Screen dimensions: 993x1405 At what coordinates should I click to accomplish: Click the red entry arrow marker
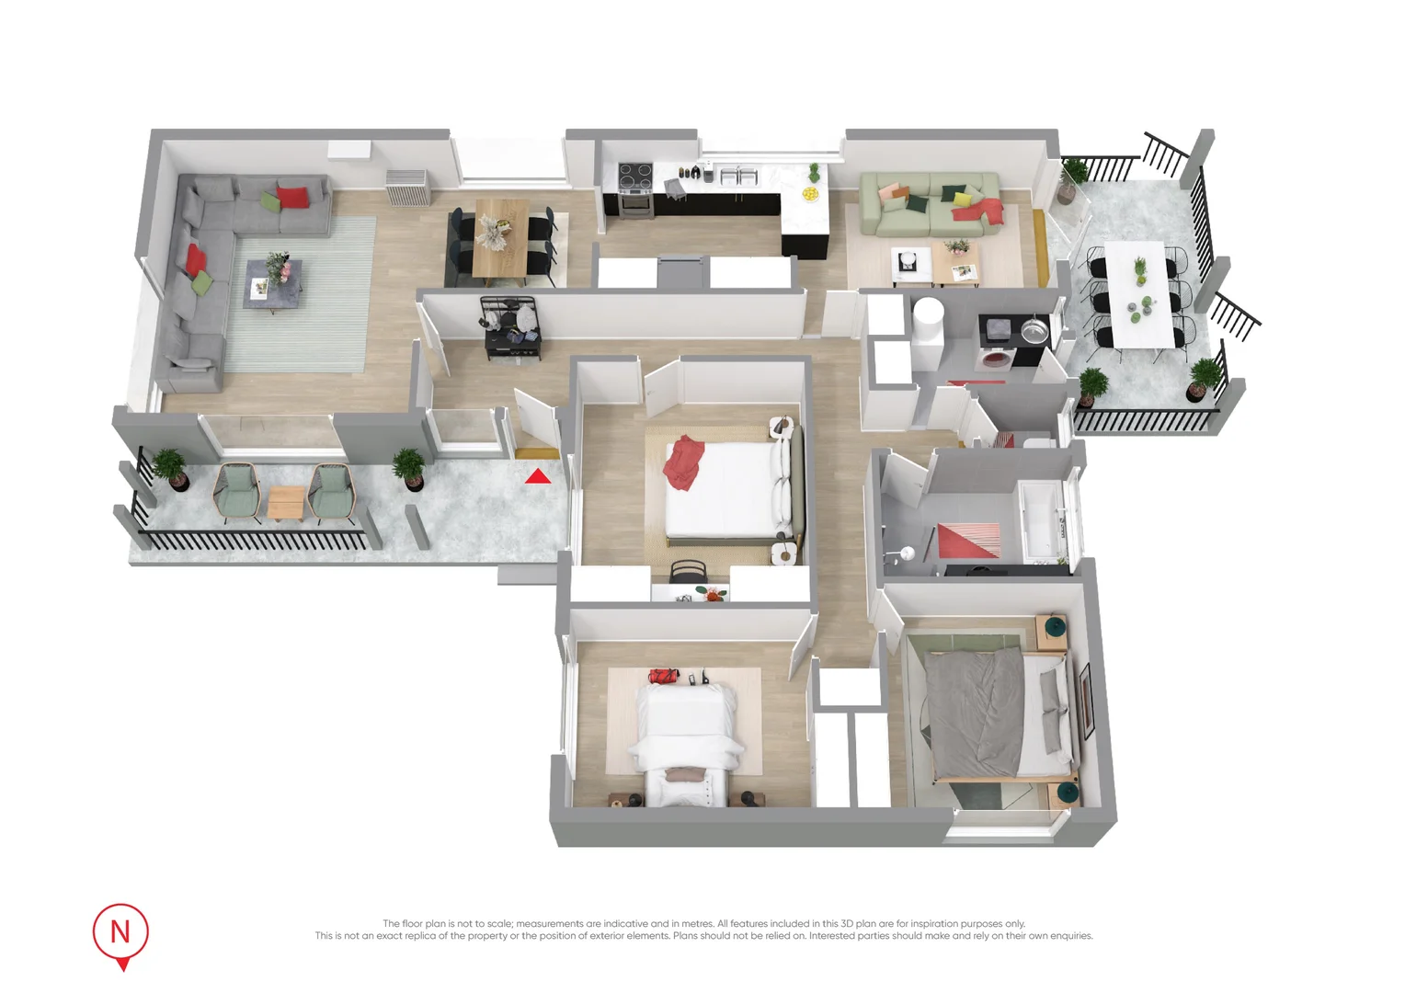click(x=538, y=475)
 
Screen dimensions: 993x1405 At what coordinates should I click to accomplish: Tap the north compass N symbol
click(x=120, y=932)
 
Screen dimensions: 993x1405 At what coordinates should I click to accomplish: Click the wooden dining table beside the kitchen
click(x=501, y=236)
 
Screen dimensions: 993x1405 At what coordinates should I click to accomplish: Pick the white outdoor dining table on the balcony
click(x=1141, y=292)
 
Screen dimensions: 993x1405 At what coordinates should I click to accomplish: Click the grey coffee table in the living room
click(x=273, y=285)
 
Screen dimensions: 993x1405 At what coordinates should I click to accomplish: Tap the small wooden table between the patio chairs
click(x=286, y=501)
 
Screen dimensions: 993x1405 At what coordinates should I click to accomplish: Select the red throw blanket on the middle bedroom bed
click(x=682, y=462)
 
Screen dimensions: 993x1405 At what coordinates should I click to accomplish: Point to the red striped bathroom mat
click(x=968, y=540)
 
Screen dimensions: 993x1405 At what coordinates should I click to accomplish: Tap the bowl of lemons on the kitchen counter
click(x=810, y=193)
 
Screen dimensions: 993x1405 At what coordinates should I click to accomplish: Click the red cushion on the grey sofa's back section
click(x=292, y=197)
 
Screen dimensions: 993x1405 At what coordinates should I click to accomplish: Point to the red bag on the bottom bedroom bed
click(x=663, y=677)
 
